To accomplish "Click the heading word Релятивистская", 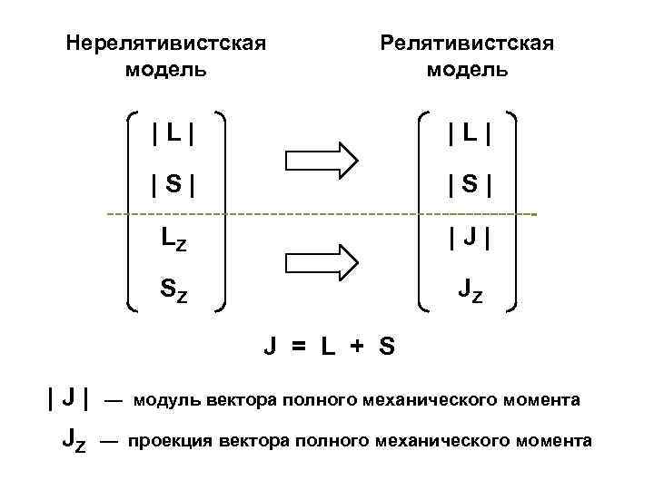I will [x=467, y=44].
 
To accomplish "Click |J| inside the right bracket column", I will [x=467, y=240].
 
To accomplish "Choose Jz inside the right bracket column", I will [x=470, y=290].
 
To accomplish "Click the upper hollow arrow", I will [x=322, y=160].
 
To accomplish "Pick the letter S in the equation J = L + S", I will [x=387, y=347].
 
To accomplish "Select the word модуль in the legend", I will [x=168, y=399].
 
